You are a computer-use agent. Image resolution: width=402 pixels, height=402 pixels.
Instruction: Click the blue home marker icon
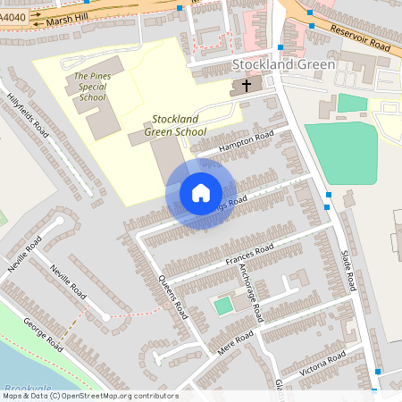click(x=200, y=193)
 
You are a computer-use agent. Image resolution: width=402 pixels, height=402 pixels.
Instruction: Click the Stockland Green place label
click(x=283, y=64)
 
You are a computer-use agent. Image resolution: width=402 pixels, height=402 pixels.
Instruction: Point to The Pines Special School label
click(x=91, y=87)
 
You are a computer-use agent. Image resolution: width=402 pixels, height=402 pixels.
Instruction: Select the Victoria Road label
click(x=322, y=362)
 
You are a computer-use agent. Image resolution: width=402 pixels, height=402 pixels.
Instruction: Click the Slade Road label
click(x=348, y=270)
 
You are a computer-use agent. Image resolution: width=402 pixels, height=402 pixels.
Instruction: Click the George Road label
click(x=42, y=333)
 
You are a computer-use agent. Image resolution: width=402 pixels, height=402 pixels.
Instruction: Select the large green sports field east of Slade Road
click(x=339, y=152)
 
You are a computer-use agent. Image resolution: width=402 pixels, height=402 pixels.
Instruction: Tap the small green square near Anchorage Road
click(x=222, y=306)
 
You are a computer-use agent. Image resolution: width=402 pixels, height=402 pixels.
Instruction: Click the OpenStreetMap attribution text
click(x=89, y=396)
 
